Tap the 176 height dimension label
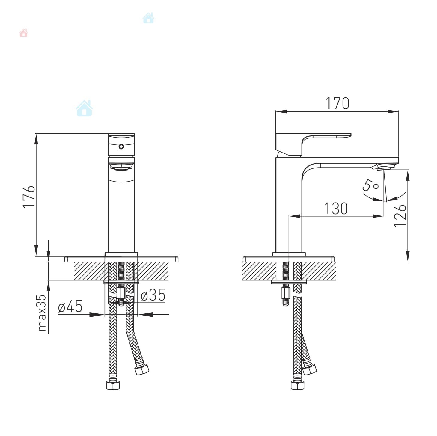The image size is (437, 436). click(x=29, y=196)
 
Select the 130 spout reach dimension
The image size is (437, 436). click(x=336, y=208)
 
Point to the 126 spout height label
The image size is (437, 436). click(x=400, y=216)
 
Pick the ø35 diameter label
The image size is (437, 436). click(x=153, y=295)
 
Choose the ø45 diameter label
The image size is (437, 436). click(x=70, y=307)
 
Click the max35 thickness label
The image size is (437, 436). click(x=42, y=313)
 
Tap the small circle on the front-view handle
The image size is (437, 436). click(x=121, y=147)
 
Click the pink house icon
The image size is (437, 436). click(x=23, y=33)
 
